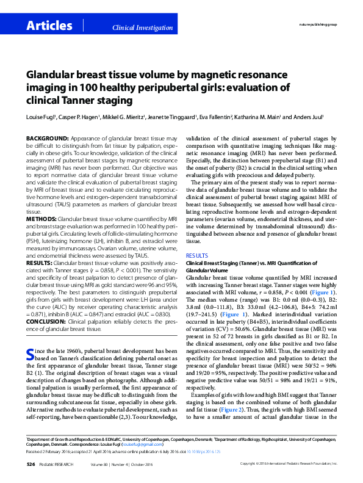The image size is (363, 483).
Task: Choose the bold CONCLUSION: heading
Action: click(x=47, y=321)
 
